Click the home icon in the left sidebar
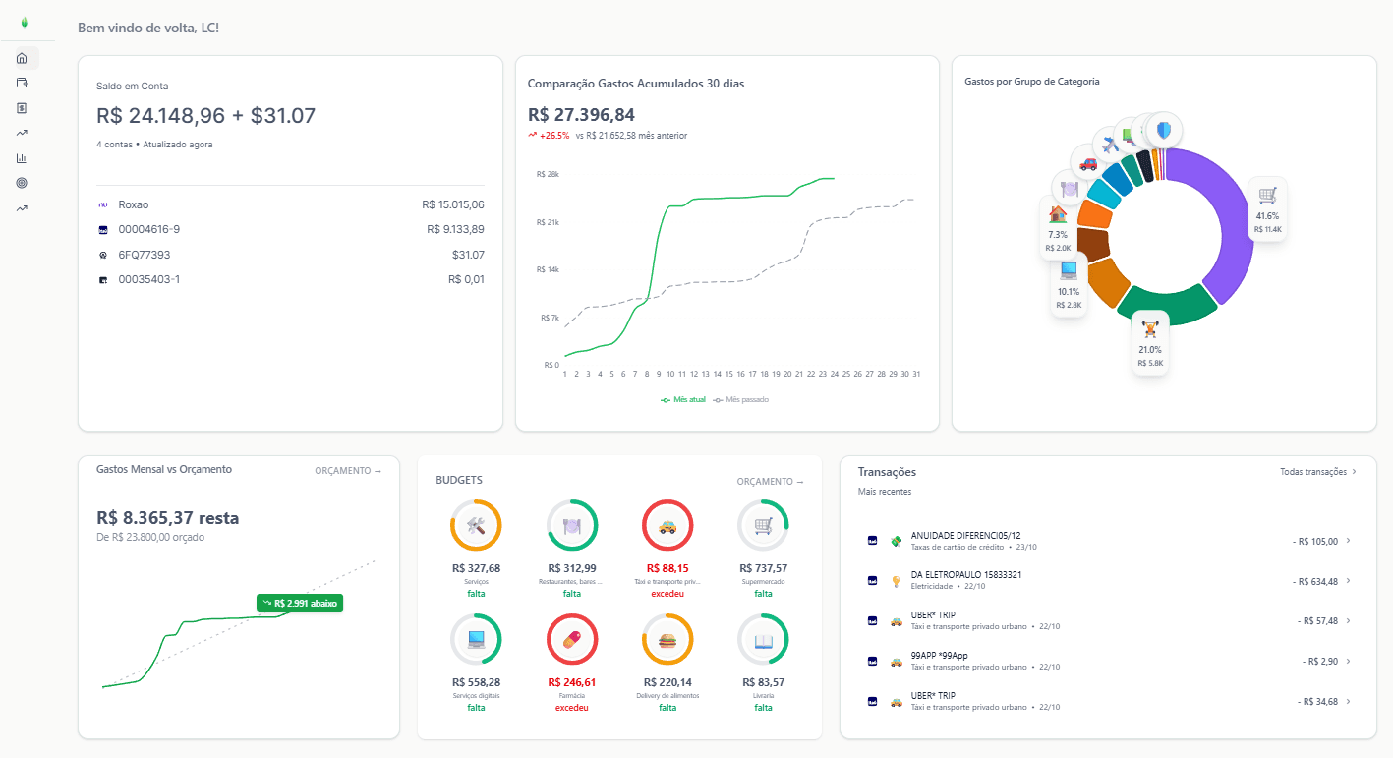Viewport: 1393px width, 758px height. coord(22,58)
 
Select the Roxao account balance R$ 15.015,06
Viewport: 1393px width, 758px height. coord(452,204)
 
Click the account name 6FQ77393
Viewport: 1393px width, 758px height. coord(144,255)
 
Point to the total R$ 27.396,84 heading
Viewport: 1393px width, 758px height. coord(581,115)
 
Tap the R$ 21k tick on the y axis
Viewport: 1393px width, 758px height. coord(548,222)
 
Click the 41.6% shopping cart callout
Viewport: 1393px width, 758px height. coord(1267,208)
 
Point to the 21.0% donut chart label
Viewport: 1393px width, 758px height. coord(1149,343)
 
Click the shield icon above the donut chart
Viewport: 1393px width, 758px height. coord(1164,130)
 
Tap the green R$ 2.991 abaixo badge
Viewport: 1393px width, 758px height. coord(300,603)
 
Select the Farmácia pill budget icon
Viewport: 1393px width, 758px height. coord(571,640)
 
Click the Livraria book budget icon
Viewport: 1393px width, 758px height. coord(763,640)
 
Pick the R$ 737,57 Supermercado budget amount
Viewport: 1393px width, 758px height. coord(763,568)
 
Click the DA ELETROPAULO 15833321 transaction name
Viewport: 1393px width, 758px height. coord(965,574)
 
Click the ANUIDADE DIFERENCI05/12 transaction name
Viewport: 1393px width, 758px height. coord(965,535)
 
